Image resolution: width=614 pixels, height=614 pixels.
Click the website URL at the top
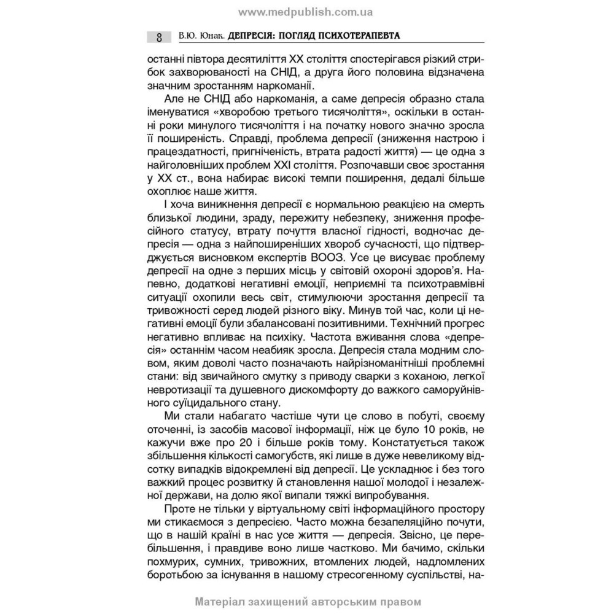[x=306, y=11]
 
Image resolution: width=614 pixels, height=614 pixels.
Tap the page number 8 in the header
[x=159, y=37]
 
